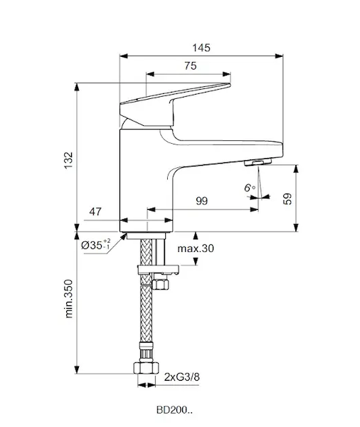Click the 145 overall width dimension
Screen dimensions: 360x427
coord(201,48)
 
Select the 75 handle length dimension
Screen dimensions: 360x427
coord(191,66)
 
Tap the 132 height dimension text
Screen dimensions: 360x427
coord(69,160)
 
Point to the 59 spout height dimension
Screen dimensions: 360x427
coord(287,199)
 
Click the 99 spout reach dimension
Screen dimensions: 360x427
coord(202,201)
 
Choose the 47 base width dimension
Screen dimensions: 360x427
coord(95,211)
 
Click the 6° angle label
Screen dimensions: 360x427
coord(250,188)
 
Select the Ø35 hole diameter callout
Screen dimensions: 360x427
coord(96,245)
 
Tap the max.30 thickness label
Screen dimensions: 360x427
coord(196,248)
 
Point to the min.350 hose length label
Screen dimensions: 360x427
coord(69,299)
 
